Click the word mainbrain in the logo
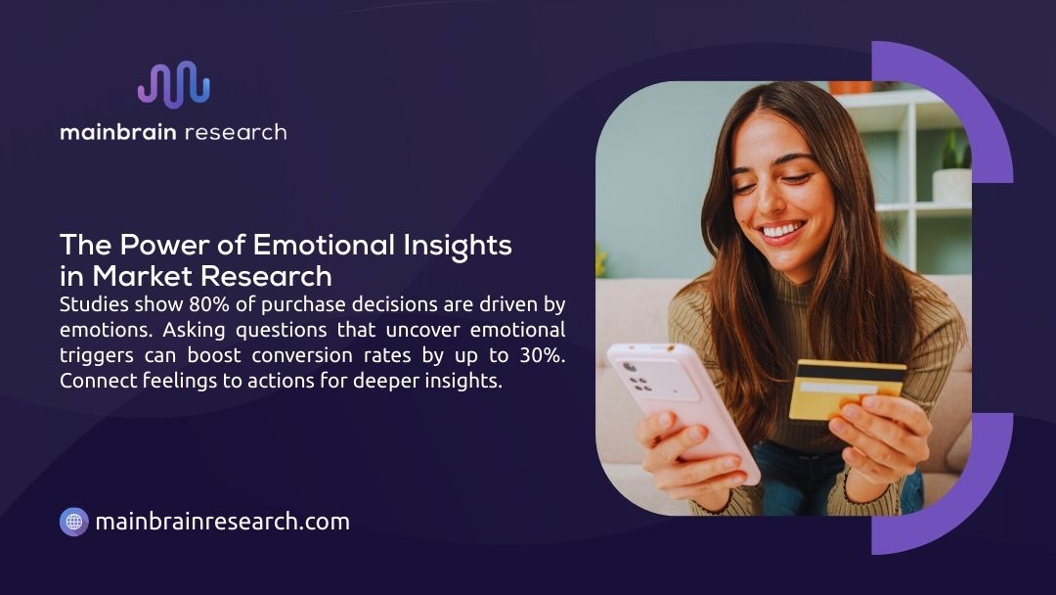[x=117, y=132]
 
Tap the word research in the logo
[x=236, y=132]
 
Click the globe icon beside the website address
[x=74, y=522]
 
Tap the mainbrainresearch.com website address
[x=222, y=522]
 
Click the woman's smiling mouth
[x=783, y=231]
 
